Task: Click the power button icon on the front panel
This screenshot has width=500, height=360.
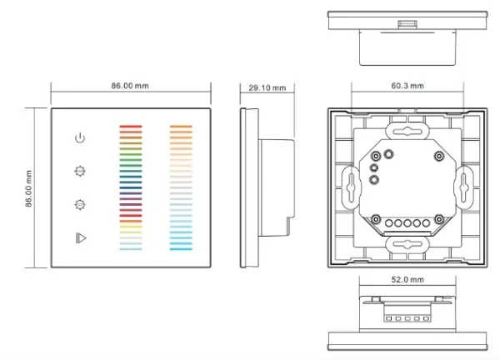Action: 80,137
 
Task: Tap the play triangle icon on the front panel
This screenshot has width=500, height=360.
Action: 80,237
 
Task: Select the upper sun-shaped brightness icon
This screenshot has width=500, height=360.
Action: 80,171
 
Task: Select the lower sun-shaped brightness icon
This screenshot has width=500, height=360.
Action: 80,203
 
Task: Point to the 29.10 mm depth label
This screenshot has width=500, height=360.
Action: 267,87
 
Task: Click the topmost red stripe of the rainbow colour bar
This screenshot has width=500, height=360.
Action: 131,127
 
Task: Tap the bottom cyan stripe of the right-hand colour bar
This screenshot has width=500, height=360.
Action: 181,248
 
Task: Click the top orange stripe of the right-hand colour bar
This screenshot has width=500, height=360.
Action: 181,127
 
